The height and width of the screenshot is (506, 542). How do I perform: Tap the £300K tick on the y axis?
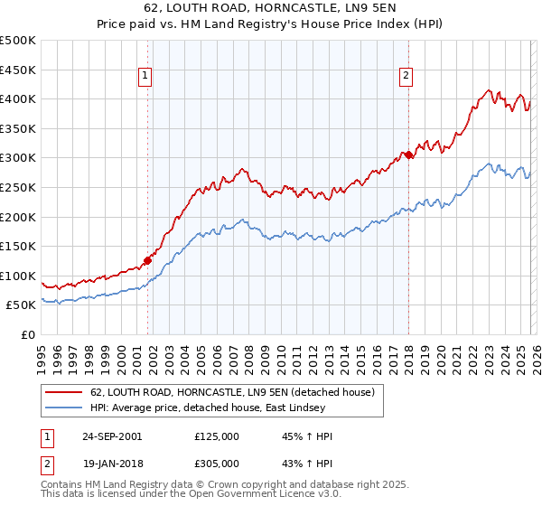coord(18,158)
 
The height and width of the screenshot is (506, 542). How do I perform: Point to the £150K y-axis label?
coord(18,246)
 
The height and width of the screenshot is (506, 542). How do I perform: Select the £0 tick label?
coord(27,334)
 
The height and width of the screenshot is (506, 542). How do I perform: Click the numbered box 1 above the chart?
coord(145,78)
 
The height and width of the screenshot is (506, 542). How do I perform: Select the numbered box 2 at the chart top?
coord(406,78)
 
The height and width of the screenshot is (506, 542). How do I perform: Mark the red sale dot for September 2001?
coord(147,260)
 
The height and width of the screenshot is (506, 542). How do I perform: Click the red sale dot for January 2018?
coord(408,155)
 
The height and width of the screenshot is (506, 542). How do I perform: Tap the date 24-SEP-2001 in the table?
coord(111,436)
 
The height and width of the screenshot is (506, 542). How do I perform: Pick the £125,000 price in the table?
coord(217,436)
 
